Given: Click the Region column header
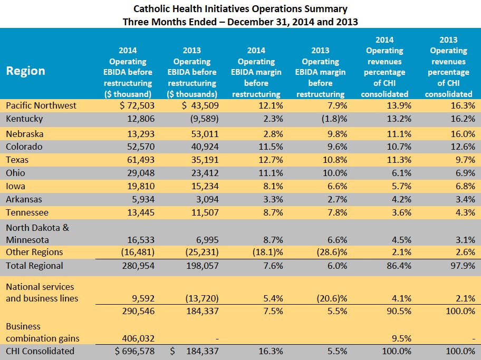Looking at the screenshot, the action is coord(25,71).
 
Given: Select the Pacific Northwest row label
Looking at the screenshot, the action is coord(41,105).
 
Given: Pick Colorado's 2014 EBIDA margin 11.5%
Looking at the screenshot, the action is coord(271,147).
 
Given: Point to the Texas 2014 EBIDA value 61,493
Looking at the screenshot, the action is coord(141,160).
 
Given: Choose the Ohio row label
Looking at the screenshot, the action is coord(15,173).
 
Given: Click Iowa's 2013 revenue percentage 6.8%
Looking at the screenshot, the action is coord(465,186).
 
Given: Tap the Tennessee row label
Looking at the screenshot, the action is coord(27,212).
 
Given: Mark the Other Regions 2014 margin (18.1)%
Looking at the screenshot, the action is coord(268,252).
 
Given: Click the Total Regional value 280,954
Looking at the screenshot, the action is coord(138,266).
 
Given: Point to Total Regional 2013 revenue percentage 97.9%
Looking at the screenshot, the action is coord(463,266).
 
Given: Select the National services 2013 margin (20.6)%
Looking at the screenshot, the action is coord(332,298).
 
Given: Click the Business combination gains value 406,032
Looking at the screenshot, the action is coord(138,338).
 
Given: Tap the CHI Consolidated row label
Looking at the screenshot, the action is coord(40,351).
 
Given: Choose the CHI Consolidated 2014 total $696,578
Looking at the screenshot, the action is coord(134,351).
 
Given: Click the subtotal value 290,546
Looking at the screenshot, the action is coord(138,311).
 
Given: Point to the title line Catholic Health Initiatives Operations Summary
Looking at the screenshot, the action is coord(240,9).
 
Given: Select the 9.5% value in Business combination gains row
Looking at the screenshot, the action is coord(401,338).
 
